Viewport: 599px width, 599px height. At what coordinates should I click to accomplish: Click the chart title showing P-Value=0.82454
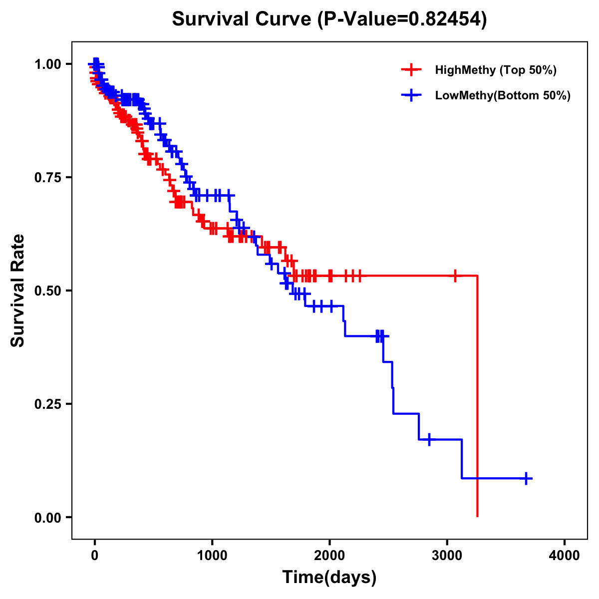[x=329, y=19]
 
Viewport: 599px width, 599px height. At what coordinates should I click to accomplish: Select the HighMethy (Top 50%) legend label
[x=495, y=70]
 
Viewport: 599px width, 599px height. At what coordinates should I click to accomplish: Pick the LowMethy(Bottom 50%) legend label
[x=503, y=95]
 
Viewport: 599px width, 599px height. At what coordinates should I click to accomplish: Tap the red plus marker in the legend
[x=411, y=70]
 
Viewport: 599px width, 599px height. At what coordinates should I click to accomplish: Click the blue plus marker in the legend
[x=411, y=95]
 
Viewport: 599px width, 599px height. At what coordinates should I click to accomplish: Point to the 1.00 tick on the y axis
[x=47, y=64]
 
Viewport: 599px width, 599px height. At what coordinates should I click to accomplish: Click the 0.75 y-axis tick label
[x=47, y=177]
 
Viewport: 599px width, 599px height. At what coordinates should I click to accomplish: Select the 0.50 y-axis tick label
[x=47, y=291]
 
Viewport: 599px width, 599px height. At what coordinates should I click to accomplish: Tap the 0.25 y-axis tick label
[x=47, y=404]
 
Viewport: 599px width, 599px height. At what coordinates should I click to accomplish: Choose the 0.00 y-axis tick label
[x=47, y=517]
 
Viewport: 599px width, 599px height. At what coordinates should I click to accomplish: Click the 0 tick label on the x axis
[x=94, y=556]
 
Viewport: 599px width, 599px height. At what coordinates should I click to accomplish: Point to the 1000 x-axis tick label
[x=212, y=556]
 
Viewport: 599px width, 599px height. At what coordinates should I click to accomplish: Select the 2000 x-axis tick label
[x=329, y=556]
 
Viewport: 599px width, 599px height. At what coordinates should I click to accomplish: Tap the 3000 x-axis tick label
[x=447, y=556]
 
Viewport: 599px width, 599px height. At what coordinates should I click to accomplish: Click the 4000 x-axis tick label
[x=565, y=556]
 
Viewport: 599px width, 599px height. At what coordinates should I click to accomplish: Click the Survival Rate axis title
[x=18, y=290]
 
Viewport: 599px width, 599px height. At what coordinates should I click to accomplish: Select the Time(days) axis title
[x=329, y=578]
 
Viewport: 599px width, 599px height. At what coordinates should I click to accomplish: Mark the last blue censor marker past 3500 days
[x=526, y=478]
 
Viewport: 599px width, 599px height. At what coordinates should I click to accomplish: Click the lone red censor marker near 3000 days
[x=455, y=275]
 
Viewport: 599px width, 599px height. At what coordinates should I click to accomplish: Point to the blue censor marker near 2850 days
[x=429, y=439]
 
